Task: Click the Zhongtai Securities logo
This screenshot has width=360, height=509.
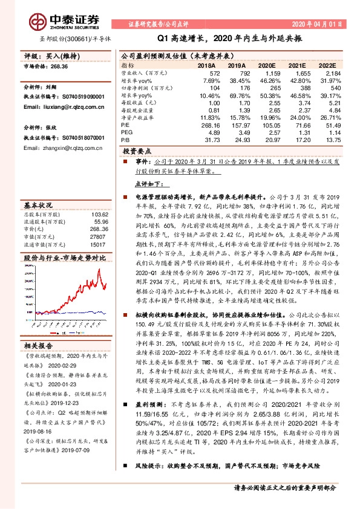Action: click(x=53, y=21)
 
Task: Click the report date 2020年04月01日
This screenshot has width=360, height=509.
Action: click(x=320, y=25)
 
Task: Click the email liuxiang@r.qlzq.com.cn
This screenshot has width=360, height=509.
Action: click(x=55, y=106)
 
